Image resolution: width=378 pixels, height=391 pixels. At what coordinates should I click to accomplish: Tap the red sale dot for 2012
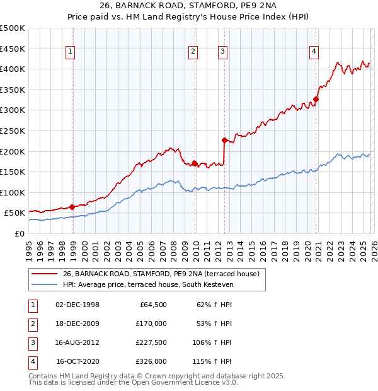click(x=224, y=140)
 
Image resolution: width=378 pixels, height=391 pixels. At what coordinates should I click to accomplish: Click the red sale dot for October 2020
click(x=316, y=99)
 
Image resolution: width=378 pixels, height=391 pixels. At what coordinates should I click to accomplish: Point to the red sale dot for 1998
click(x=72, y=207)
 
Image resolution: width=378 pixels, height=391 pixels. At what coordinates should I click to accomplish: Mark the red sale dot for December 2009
click(x=195, y=163)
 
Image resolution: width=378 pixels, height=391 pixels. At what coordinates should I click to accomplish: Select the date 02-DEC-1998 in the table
click(x=77, y=305)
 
